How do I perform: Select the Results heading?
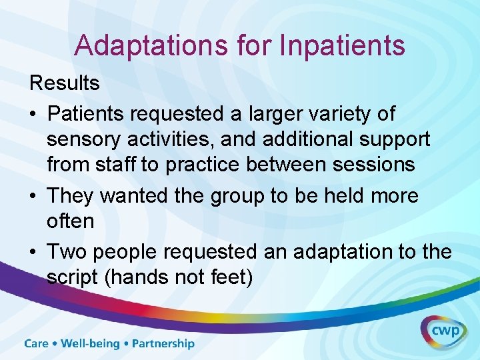point(64,84)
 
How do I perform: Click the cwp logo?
point(443,331)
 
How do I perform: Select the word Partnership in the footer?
point(163,344)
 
